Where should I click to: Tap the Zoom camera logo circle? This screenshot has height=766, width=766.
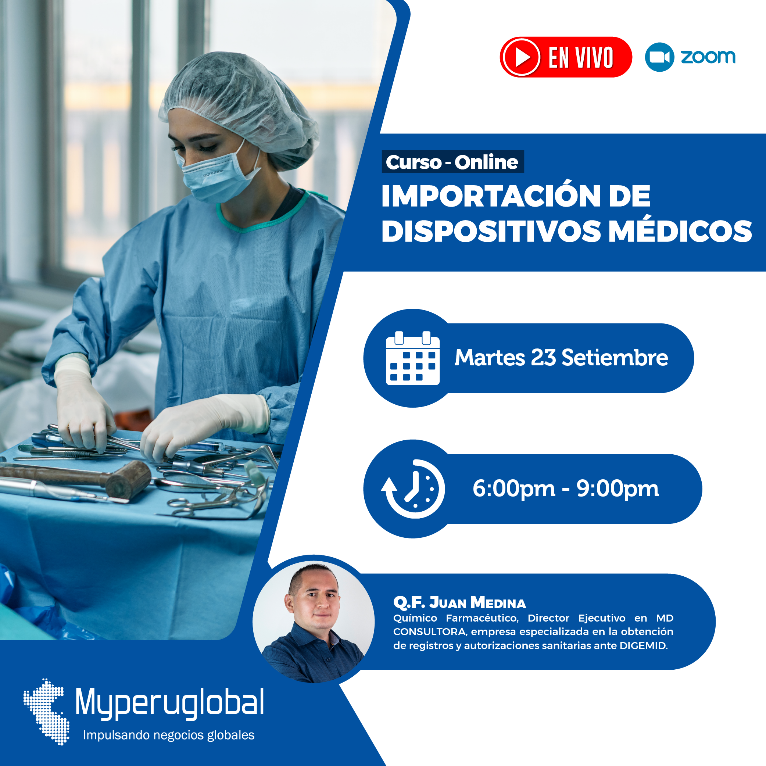(659, 57)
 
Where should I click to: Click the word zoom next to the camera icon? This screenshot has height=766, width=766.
(708, 57)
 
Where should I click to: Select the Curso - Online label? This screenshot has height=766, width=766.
(452, 162)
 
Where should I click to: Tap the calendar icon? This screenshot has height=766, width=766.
(413, 358)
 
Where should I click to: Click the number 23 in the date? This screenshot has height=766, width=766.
(543, 357)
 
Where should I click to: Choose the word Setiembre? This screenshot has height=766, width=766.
(615, 357)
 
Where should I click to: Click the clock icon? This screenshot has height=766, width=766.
(413, 489)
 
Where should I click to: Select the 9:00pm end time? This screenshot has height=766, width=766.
(618, 489)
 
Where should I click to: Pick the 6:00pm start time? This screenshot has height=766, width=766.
(514, 489)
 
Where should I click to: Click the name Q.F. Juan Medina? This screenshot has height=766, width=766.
(459, 603)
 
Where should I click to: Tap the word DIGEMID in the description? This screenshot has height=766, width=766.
(643, 646)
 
